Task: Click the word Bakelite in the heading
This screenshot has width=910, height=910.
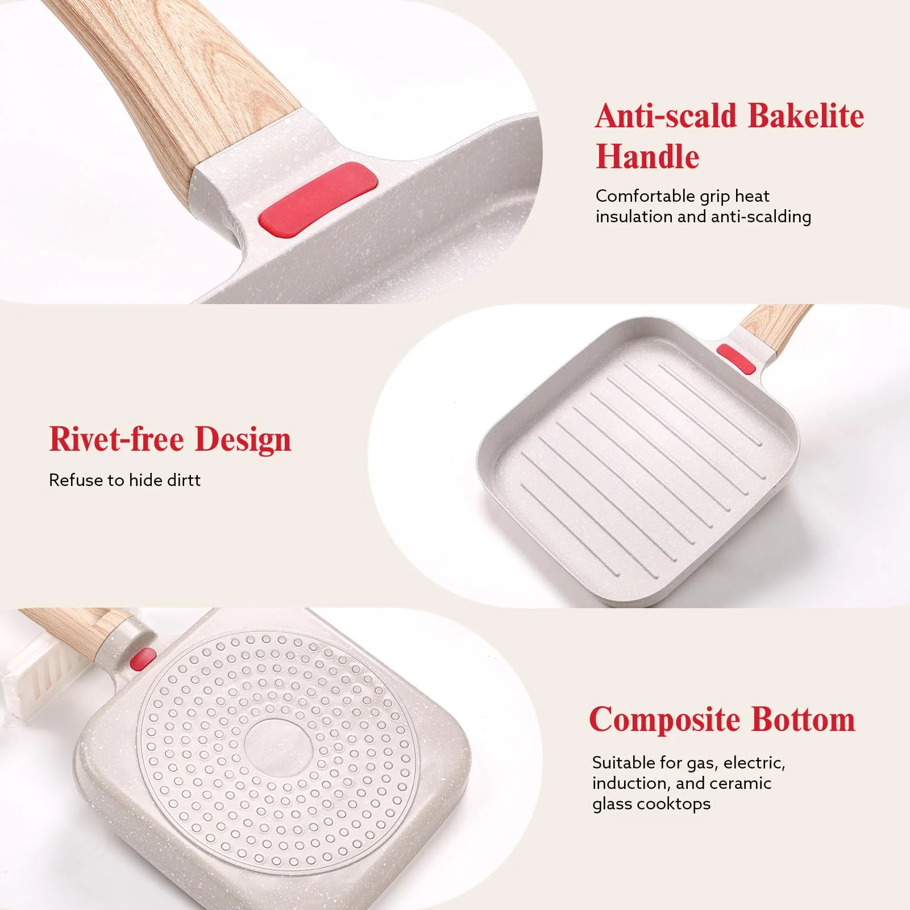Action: tap(806, 116)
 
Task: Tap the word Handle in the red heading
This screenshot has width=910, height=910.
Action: tap(647, 156)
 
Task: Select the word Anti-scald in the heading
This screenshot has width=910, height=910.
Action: tap(666, 116)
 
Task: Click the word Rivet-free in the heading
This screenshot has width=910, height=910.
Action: tap(117, 439)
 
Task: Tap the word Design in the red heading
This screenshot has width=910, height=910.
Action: tap(243, 441)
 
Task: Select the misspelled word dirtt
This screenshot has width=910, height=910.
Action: tap(184, 480)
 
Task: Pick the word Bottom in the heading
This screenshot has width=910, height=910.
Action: tap(803, 720)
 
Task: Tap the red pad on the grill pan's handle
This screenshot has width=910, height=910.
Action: tap(736, 359)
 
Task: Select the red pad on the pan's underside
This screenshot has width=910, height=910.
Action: tap(143, 659)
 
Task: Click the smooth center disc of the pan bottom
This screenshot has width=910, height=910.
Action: tap(278, 745)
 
